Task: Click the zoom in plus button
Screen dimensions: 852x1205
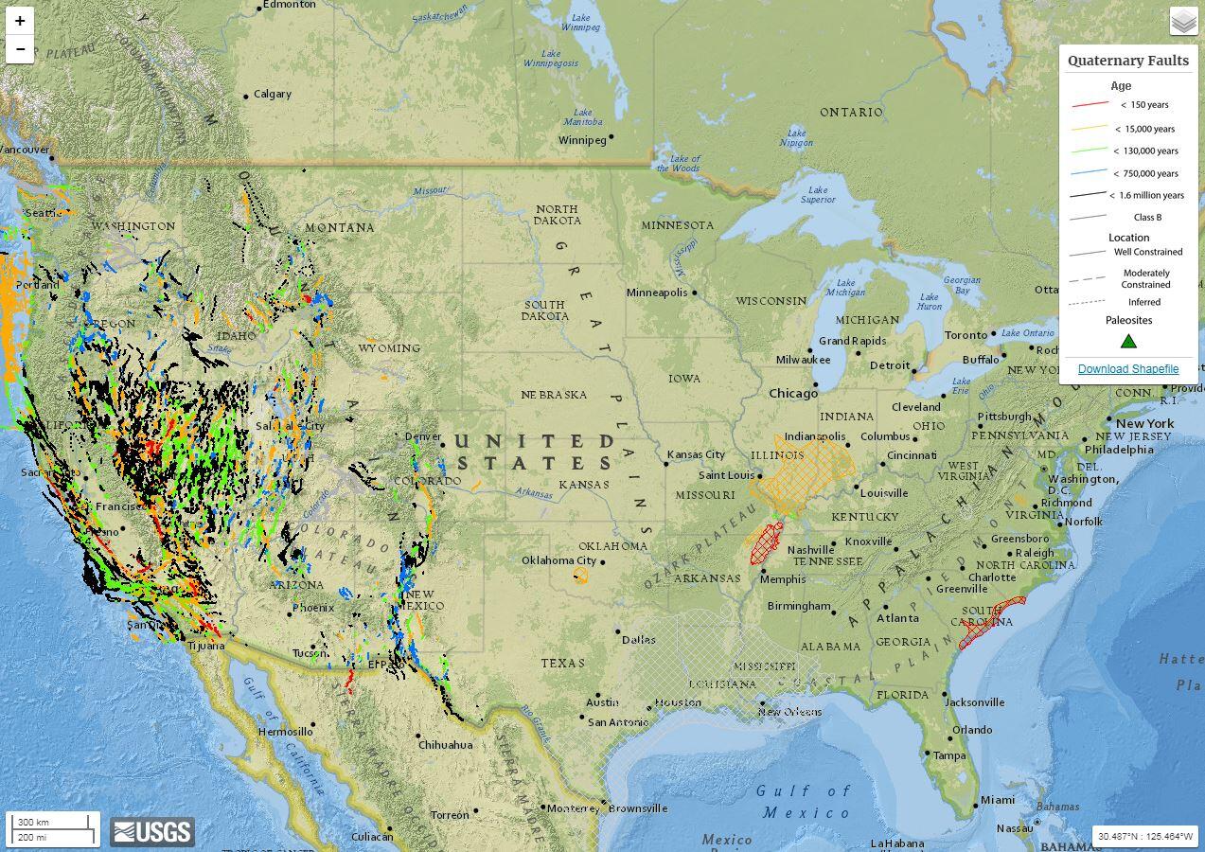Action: [x=20, y=21]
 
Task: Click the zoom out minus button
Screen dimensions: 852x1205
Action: [x=20, y=49]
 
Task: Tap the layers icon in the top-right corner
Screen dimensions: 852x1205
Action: [x=1183, y=21]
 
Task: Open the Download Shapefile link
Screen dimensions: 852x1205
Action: [x=1127, y=369]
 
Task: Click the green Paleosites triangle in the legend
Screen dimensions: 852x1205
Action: [x=1128, y=341]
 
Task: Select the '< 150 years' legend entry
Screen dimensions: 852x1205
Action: [x=1143, y=105]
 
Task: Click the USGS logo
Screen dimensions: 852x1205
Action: [x=152, y=832]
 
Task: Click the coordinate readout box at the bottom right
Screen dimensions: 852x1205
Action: [x=1145, y=836]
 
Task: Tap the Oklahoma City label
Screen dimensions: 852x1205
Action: [x=558, y=560]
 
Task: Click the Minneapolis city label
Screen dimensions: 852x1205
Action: [x=656, y=293]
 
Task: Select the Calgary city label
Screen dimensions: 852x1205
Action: [x=272, y=94]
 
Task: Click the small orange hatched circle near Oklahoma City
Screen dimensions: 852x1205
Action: [x=580, y=575]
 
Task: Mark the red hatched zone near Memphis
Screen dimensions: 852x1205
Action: [x=765, y=543]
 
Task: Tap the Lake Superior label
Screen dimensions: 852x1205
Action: [x=817, y=195]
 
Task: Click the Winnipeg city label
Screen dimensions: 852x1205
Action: [x=582, y=140]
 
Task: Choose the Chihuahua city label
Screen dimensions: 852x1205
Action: [x=445, y=745]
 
